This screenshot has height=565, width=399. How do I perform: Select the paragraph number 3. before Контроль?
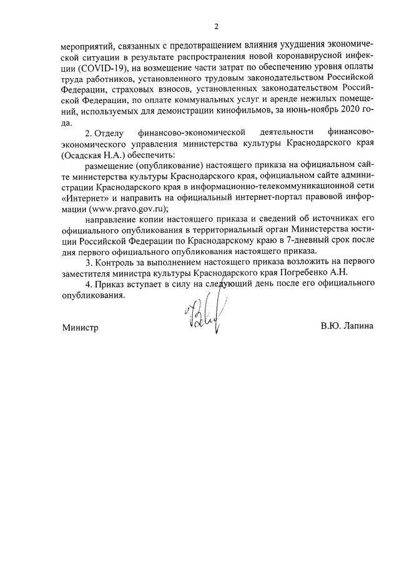click(89, 262)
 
